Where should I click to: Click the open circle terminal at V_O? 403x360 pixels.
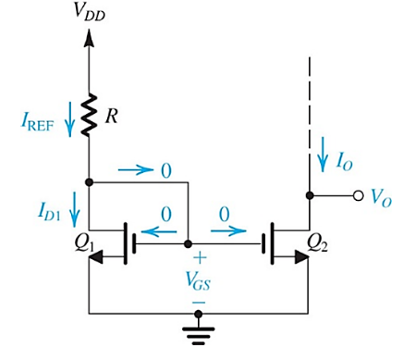[x=353, y=196]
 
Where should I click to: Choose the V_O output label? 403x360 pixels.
[x=379, y=196]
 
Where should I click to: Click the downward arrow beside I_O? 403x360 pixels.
[x=321, y=155]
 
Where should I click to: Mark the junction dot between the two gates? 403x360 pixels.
[x=188, y=245]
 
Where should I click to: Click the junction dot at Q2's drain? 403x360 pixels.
[x=307, y=196]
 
